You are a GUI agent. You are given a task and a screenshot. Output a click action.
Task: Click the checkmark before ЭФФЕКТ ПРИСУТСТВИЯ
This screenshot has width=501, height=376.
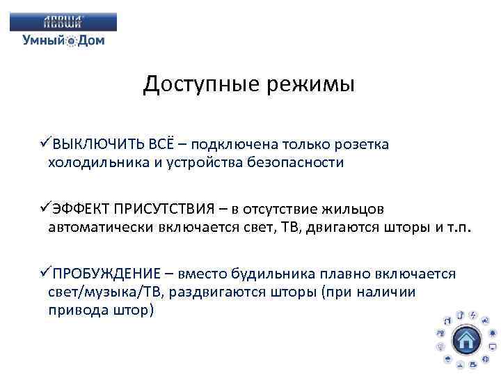(46, 209)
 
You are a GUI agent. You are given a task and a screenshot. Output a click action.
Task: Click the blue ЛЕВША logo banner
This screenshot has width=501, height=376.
(63, 22)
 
